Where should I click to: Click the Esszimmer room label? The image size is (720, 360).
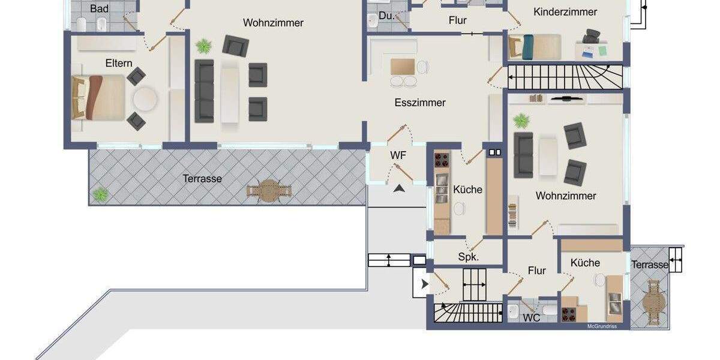(420, 103)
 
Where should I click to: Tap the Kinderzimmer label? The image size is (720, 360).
(565, 12)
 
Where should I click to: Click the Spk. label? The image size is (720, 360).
(468, 257)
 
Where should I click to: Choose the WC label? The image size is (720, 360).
(532, 318)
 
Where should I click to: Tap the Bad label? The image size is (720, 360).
(99, 9)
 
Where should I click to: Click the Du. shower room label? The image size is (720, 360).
(387, 16)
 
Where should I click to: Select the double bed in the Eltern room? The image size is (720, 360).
(99, 97)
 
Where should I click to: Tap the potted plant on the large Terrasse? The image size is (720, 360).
(100, 194)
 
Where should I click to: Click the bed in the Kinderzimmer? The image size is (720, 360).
(534, 47)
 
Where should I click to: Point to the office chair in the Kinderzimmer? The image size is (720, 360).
(591, 37)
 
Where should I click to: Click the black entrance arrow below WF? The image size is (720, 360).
(399, 188)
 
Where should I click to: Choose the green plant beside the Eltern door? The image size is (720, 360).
(204, 46)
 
